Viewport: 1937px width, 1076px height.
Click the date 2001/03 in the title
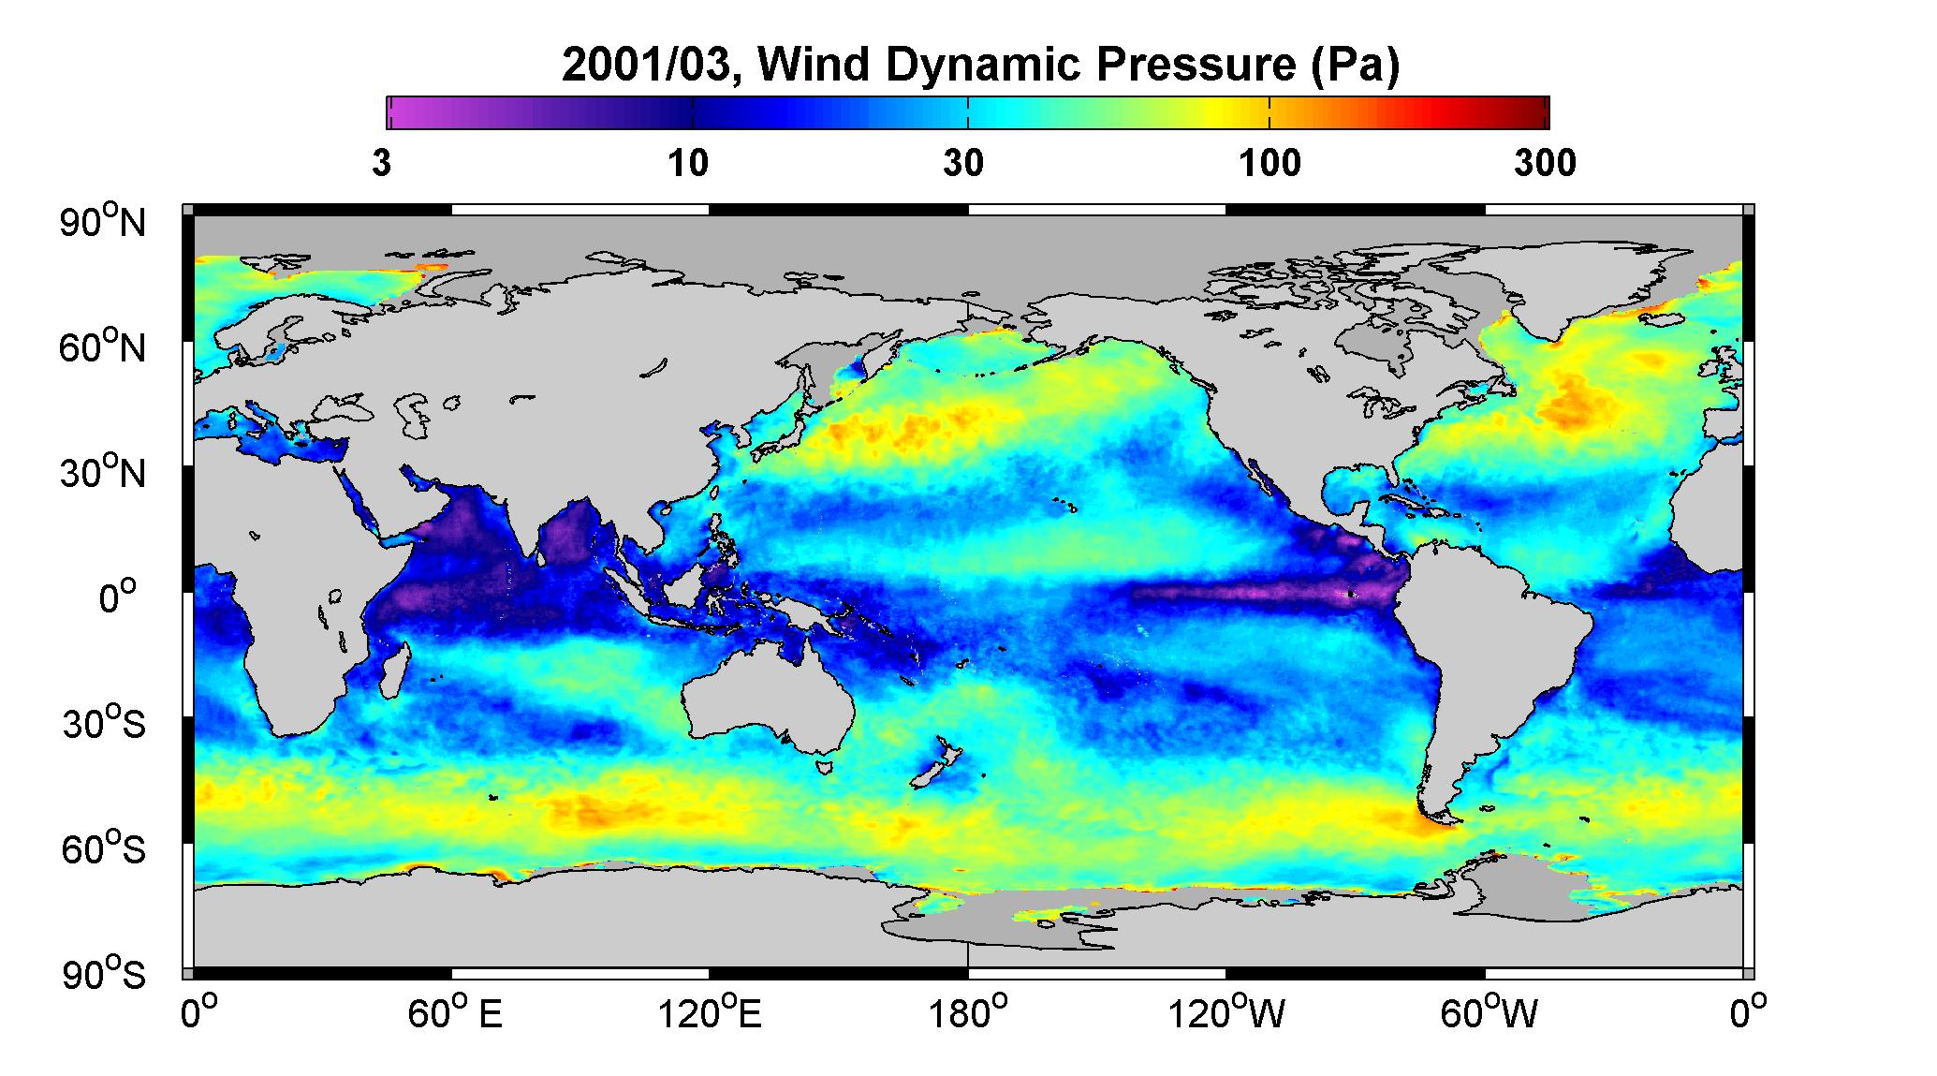click(650, 66)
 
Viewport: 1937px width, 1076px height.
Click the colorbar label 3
click(381, 164)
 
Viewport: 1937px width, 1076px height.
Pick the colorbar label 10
click(688, 164)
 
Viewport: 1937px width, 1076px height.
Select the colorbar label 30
click(963, 164)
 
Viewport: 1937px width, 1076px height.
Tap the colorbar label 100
click(1269, 164)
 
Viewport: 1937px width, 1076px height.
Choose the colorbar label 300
click(1545, 164)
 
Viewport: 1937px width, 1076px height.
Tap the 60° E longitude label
click(454, 1013)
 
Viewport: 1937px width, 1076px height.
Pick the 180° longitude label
click(967, 1013)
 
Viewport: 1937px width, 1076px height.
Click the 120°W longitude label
click(1225, 1013)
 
